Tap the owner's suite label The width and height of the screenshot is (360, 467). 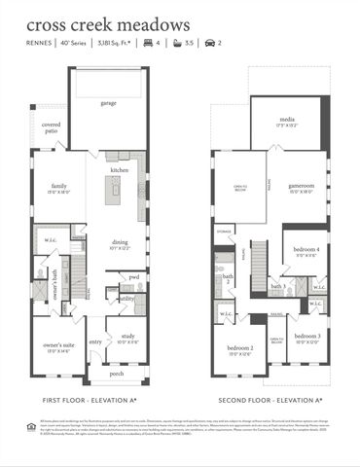[60, 347]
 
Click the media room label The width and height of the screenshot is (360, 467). [289, 122]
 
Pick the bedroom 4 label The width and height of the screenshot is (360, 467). [305, 250]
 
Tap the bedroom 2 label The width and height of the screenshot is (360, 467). [240, 347]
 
